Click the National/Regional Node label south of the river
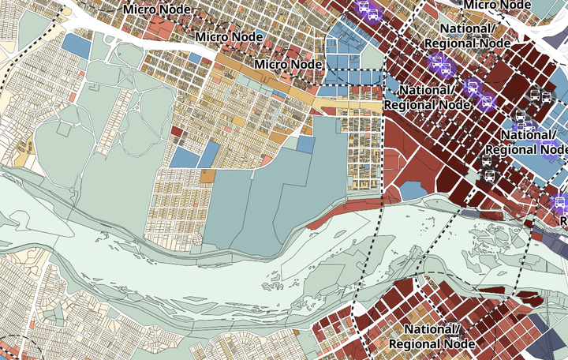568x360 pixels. point(432,336)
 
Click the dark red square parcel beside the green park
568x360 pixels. point(177,132)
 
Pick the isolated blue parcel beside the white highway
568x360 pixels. point(75,44)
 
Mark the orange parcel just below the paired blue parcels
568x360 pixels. point(207,176)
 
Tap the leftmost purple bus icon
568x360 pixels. point(366,9)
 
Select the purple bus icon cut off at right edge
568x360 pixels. point(559,204)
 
